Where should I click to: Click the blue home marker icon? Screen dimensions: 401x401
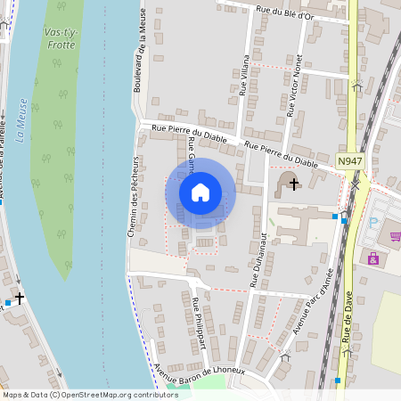tap(200, 192)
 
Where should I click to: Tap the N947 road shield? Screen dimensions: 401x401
tap(350, 160)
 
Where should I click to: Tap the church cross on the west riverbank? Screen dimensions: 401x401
tap(19, 299)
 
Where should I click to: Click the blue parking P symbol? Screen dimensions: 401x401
tap(373, 221)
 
